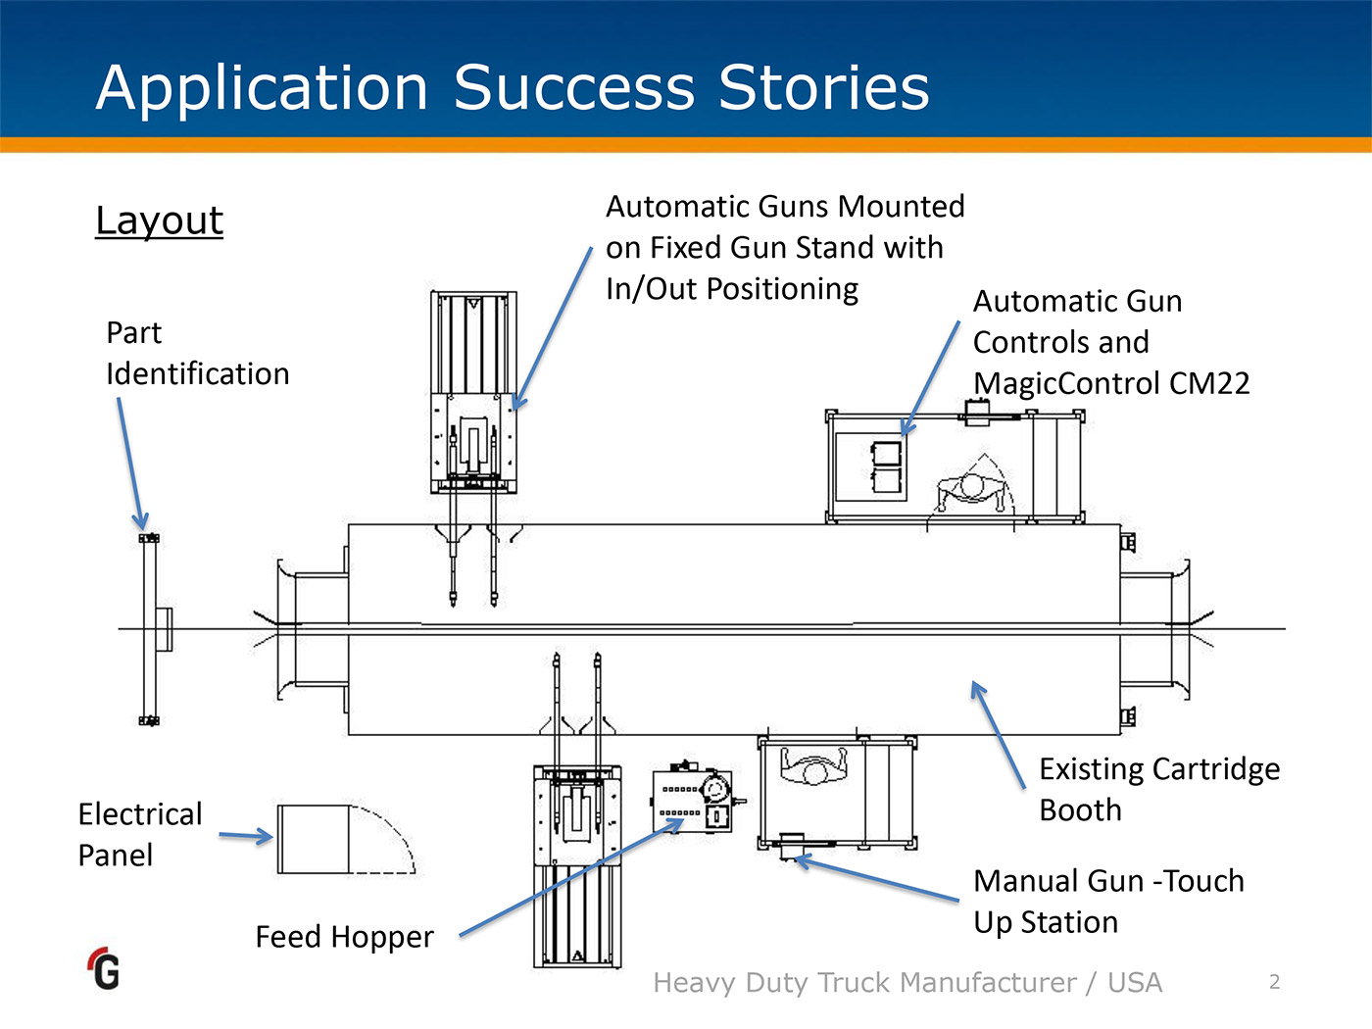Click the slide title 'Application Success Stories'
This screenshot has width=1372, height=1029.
[512, 88]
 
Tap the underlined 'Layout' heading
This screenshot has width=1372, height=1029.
[159, 220]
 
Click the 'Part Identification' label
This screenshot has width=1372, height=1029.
[196, 354]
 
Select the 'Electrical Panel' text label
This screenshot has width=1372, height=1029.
[139, 834]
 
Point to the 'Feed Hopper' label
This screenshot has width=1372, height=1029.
[344, 937]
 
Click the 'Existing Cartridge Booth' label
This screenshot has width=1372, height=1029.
[1158, 790]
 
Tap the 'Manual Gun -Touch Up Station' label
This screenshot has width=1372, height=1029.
[1107, 902]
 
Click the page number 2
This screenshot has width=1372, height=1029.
[1274, 982]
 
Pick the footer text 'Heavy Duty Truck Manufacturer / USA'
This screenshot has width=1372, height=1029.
[907, 982]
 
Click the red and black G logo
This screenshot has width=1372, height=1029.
[104, 968]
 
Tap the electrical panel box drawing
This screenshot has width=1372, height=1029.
[314, 839]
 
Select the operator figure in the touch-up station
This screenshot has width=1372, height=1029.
[813, 766]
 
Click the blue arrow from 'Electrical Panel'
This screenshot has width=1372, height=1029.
[245, 836]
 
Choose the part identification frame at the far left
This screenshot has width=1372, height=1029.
[150, 629]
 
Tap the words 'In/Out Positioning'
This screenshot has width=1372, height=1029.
[731, 289]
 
